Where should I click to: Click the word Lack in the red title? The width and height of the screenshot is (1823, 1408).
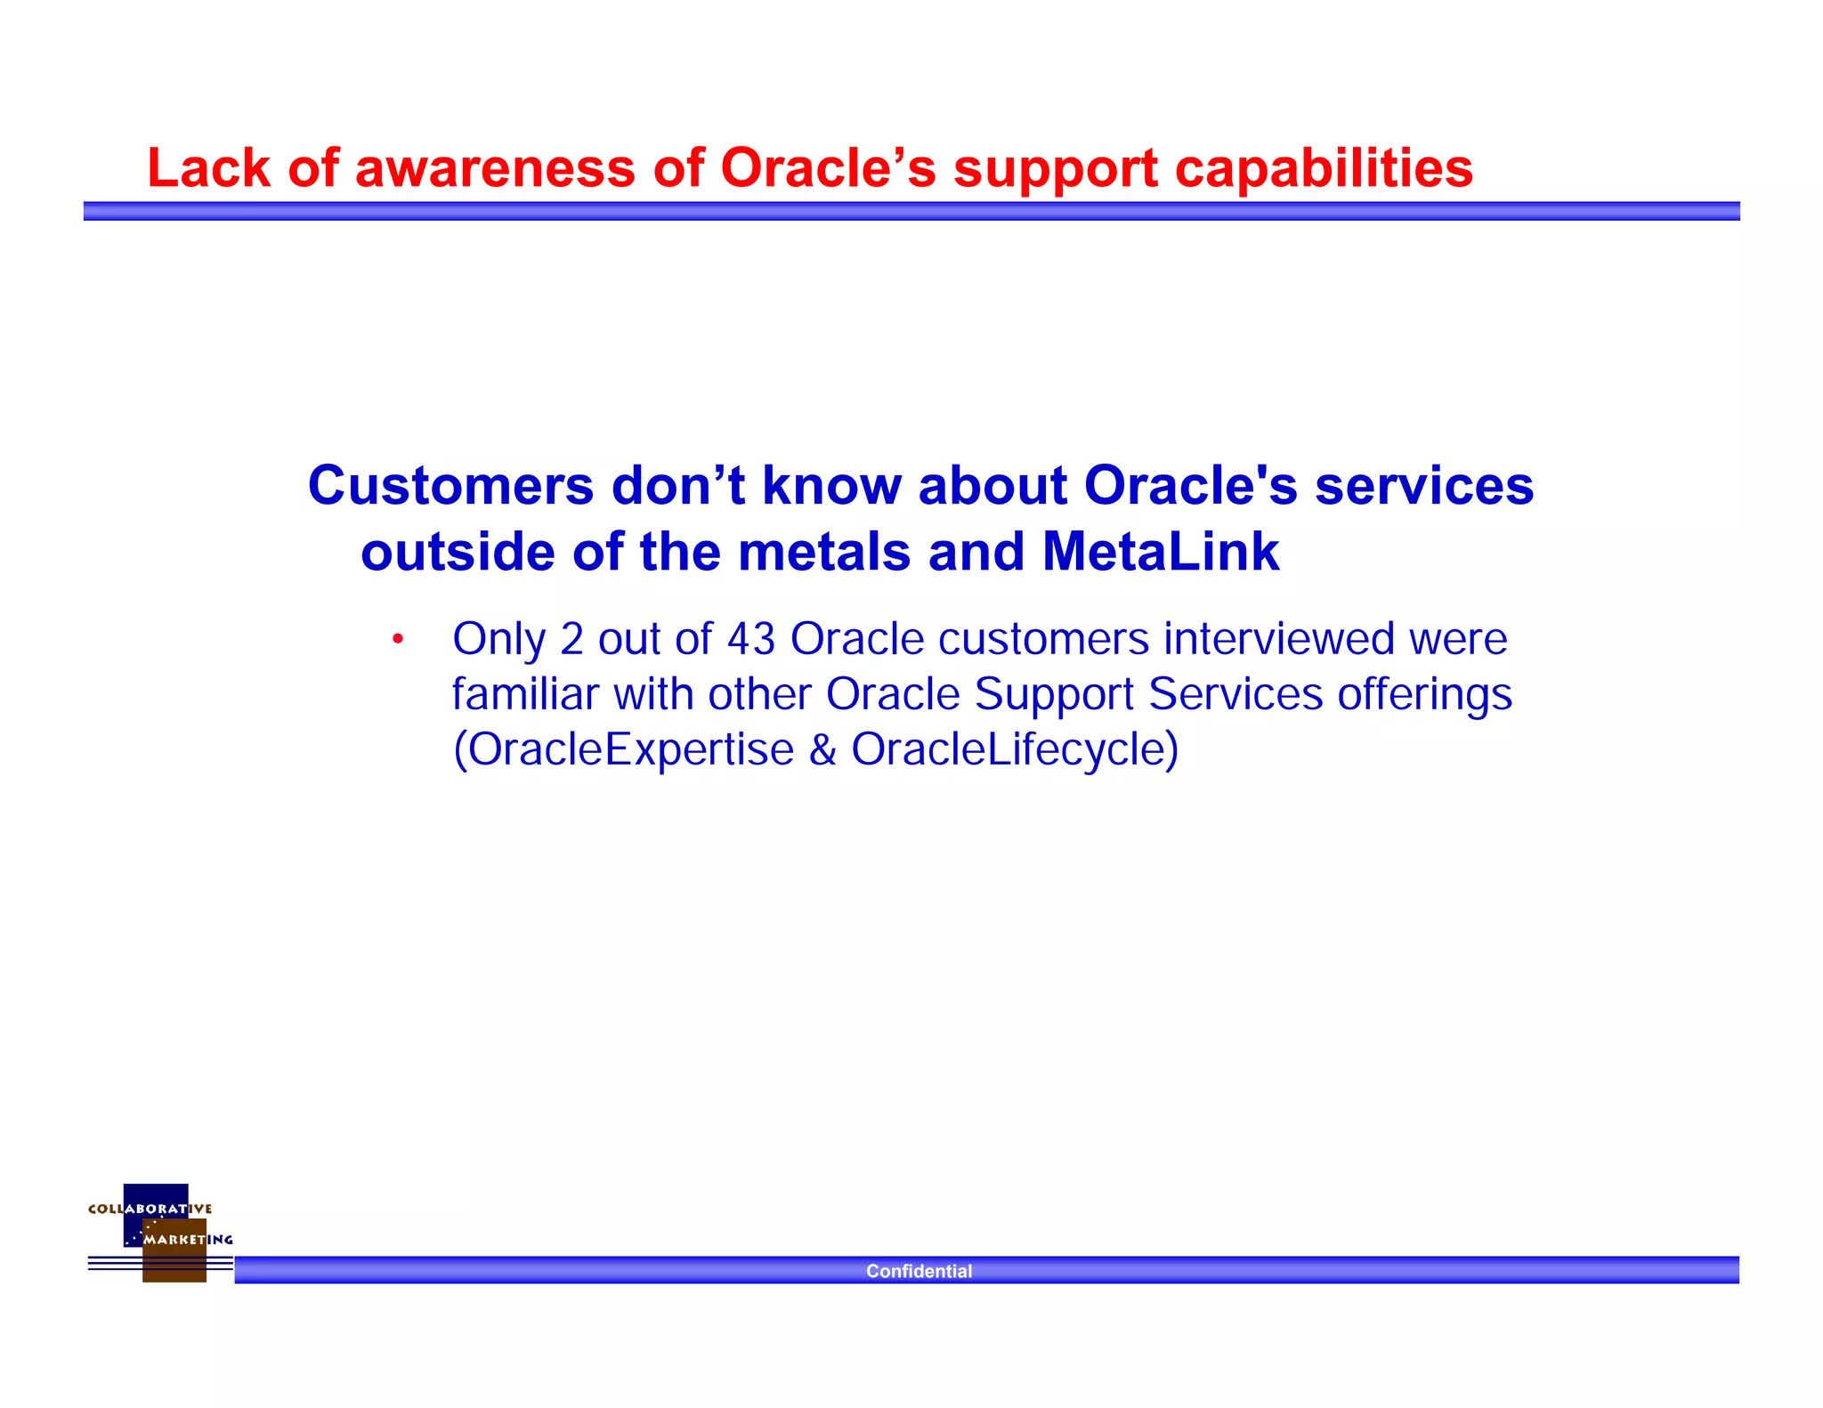(208, 168)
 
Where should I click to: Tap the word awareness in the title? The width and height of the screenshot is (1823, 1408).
(495, 168)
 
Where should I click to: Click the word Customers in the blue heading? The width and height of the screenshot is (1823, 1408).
(450, 486)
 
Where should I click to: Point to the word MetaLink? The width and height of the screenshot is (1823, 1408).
(1160, 552)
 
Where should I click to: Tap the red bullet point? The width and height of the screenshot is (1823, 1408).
(398, 639)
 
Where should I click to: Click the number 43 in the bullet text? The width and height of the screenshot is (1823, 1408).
(751, 639)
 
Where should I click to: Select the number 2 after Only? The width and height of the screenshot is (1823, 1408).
(571, 639)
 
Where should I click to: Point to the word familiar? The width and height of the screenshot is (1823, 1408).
(525, 694)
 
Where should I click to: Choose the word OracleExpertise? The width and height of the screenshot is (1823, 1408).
(631, 749)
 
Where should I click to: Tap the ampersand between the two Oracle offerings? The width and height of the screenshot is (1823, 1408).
(822, 749)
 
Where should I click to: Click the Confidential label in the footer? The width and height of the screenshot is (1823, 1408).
(919, 1271)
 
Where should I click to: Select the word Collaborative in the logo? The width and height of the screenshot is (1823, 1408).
(150, 1209)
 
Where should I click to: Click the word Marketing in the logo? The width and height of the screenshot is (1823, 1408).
(188, 1239)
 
